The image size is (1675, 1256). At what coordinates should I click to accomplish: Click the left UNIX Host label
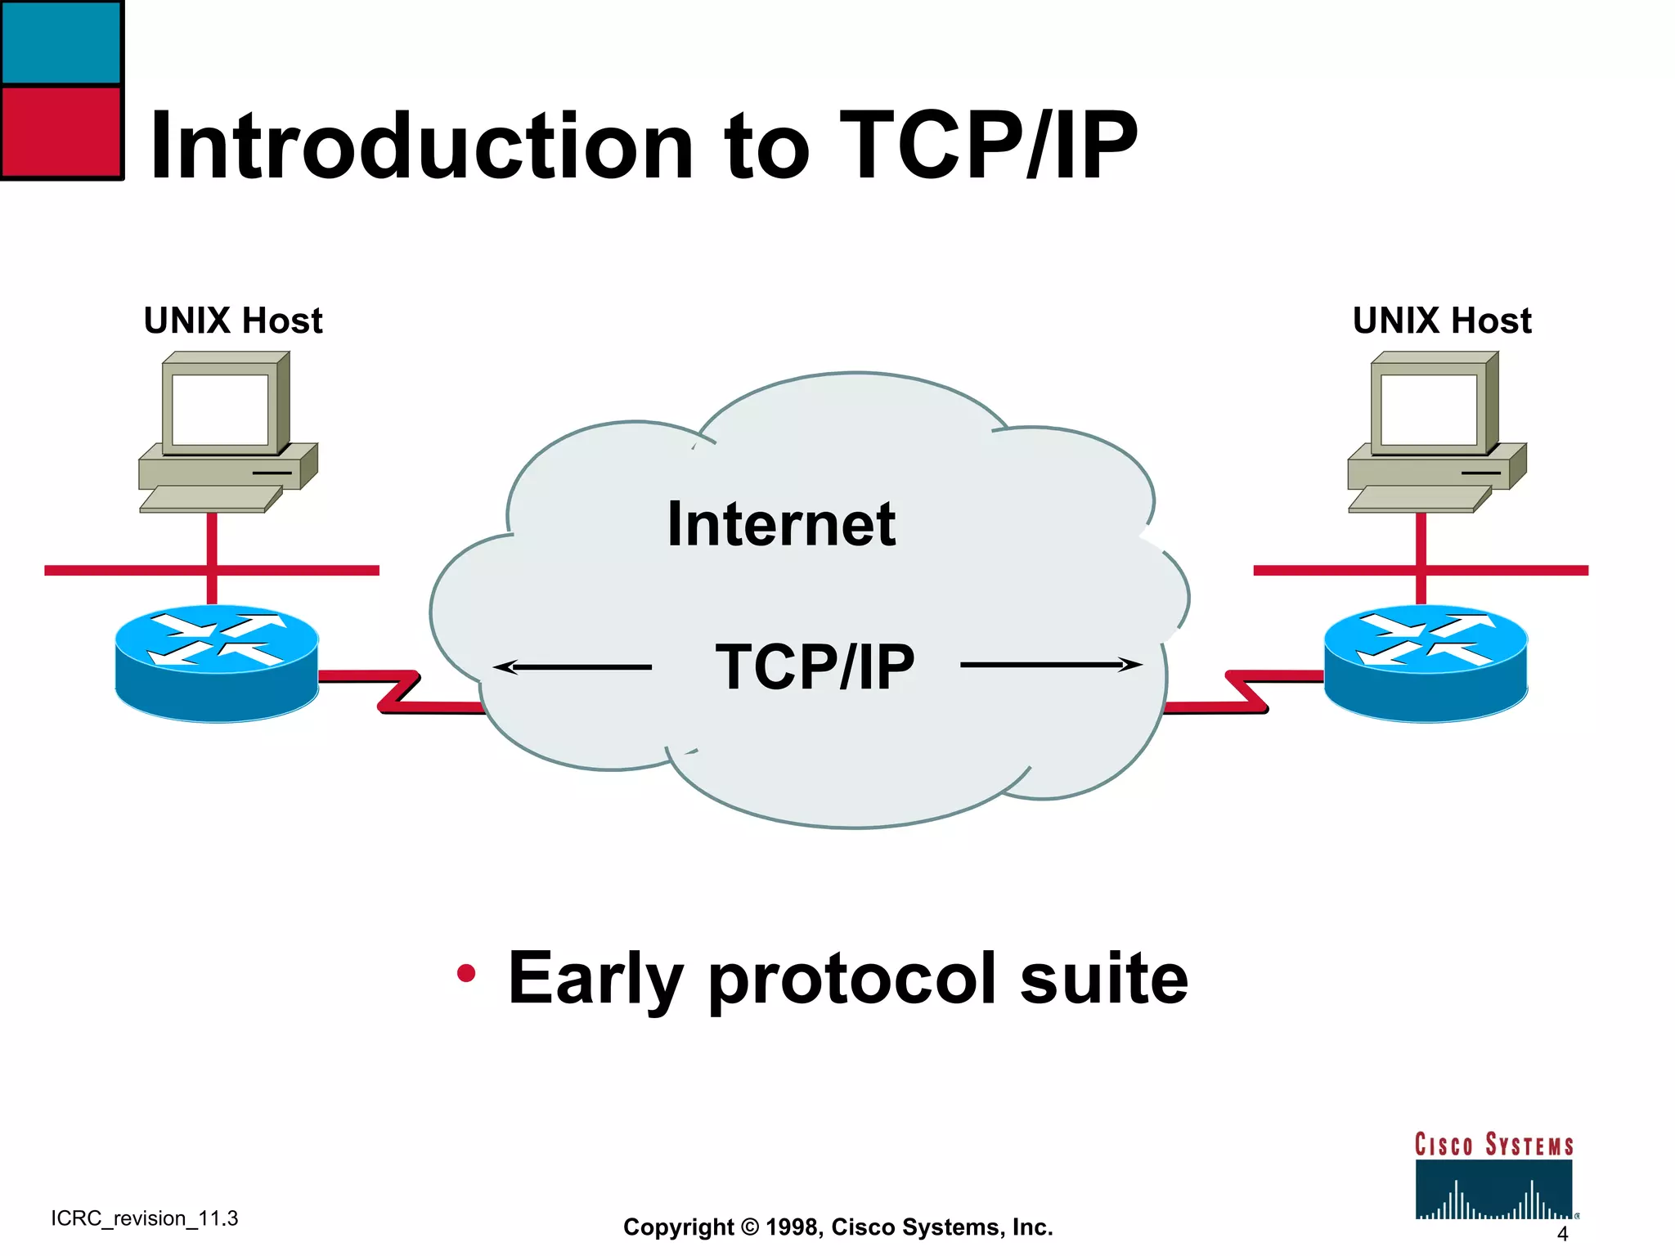233,321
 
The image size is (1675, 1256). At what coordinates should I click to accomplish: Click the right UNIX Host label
1442,321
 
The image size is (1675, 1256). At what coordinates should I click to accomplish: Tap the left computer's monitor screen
220,409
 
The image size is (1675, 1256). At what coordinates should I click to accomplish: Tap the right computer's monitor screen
1429,409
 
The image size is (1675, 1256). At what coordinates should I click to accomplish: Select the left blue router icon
217,662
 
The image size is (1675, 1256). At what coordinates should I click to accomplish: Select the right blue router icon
1426,662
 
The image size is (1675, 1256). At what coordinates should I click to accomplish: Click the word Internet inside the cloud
781,524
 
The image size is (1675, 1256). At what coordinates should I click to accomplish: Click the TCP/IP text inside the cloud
815,667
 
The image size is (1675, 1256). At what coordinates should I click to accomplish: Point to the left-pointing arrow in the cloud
573,667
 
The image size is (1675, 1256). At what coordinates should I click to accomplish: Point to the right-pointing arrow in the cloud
1051,665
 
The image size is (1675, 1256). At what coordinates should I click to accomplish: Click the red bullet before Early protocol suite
466,973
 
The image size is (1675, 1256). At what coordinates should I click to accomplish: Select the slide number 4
1562,1234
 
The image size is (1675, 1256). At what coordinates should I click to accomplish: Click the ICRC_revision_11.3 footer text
145,1218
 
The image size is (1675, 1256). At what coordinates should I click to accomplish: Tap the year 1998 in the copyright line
793,1227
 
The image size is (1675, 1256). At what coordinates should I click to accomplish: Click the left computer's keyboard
210,499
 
